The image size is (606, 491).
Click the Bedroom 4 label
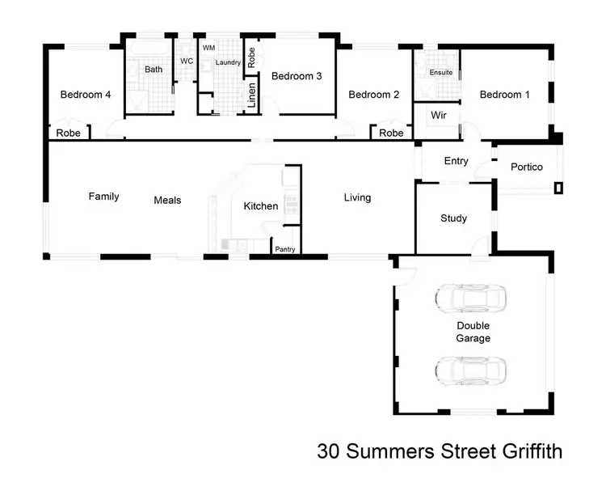86,95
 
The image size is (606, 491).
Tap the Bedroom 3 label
297,76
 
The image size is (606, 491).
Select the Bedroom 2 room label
374,95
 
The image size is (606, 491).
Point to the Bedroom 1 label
505,95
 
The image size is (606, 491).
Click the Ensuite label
441,72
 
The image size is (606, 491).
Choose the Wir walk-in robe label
439,115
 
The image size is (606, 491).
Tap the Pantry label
285,250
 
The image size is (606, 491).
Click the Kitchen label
261,206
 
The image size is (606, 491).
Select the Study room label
454,218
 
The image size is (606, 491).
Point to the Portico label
527,167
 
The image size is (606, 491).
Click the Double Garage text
473,332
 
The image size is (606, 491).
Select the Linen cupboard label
252,95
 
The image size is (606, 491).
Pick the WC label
187,61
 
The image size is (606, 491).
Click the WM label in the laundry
208,49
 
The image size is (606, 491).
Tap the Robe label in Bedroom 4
68,133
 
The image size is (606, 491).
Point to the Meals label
167,200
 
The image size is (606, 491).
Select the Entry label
457,161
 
